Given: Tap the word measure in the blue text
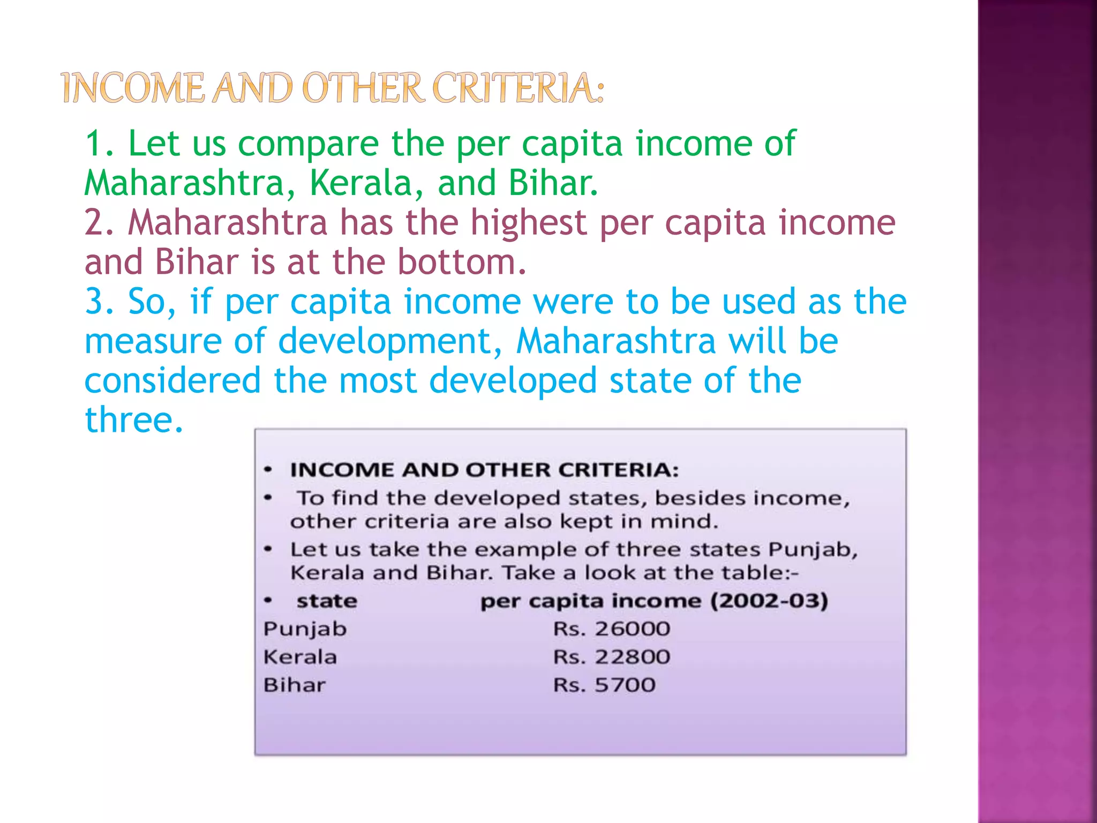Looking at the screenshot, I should tap(153, 341).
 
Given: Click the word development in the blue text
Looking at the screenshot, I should tap(390, 341).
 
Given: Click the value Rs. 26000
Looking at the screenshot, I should tap(611, 629).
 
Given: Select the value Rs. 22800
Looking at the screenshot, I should tap(611, 657).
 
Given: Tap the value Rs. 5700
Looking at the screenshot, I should tap(604, 685).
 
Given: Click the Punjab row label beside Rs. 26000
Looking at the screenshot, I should tap(305, 629).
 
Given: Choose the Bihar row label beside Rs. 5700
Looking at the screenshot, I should tap(294, 685).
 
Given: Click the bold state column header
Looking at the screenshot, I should tap(327, 601).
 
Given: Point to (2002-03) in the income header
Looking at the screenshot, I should tap(769, 601).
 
